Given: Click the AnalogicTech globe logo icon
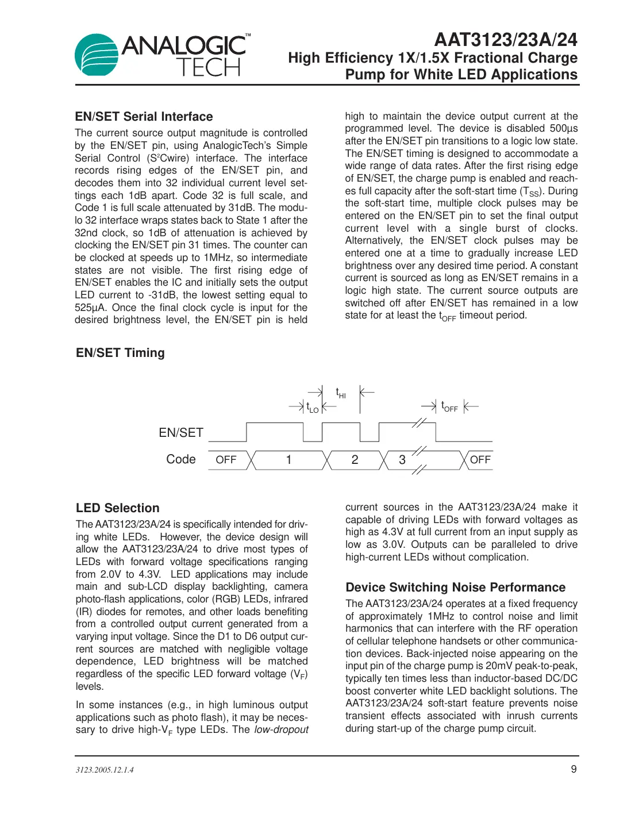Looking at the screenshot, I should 96,55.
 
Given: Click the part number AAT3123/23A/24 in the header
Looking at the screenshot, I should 505,40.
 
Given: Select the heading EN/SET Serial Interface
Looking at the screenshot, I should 144,117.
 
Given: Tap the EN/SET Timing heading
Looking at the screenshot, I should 120,353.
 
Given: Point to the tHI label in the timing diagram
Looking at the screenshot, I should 341,393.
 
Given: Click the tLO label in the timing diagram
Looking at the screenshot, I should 312,408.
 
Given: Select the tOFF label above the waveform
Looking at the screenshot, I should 449,407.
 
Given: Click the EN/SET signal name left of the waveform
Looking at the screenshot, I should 181,433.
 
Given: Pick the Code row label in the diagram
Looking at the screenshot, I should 181,459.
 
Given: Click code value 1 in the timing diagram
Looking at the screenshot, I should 289,460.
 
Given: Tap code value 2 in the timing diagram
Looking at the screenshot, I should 355,460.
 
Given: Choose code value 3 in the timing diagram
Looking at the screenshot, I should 402,460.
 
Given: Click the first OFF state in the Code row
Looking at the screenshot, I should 226,460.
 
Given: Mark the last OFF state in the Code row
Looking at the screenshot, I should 480,460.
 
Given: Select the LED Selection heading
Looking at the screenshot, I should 118,508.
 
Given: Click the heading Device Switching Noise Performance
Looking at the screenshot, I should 455,587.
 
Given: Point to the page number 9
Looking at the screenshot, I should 574,769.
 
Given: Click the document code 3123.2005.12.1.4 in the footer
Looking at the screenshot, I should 105,770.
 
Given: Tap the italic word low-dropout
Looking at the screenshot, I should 281,729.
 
